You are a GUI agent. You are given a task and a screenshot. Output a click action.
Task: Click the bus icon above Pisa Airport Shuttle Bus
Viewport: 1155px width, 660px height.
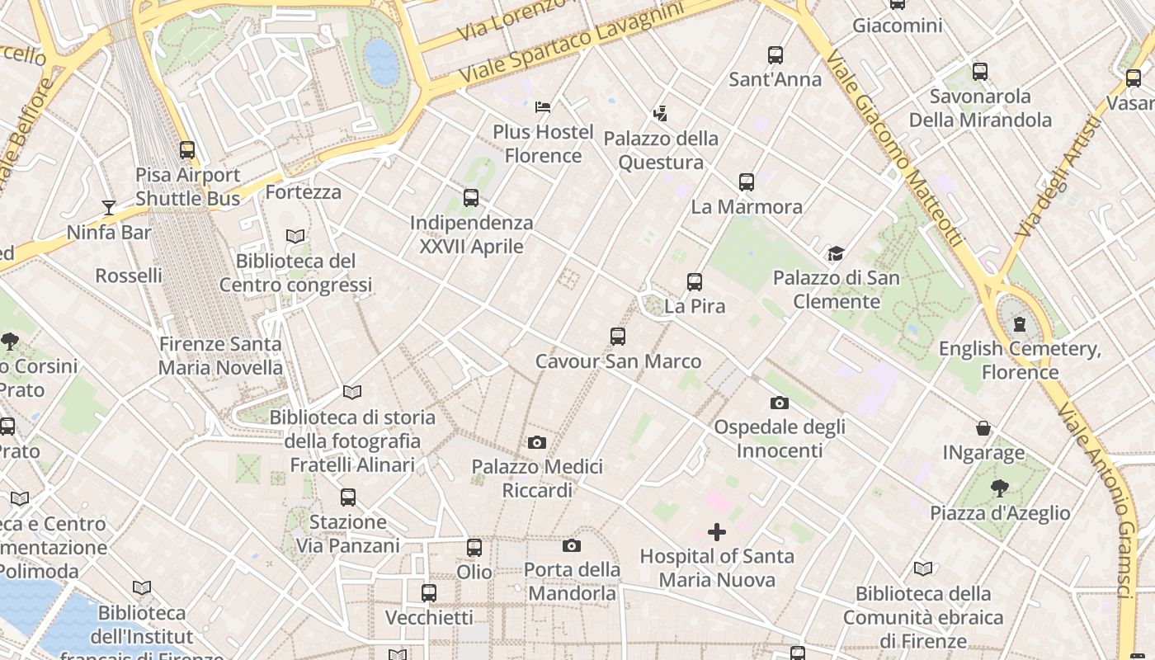point(187,150)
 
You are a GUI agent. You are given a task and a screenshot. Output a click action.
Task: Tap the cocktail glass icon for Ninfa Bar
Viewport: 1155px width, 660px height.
point(108,207)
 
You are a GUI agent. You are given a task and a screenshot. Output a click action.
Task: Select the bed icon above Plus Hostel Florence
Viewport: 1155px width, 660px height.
point(543,107)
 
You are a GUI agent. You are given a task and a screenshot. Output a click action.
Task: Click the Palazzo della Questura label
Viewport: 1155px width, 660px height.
point(661,150)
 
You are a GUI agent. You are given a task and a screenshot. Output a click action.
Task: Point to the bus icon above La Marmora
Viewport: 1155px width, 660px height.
point(747,182)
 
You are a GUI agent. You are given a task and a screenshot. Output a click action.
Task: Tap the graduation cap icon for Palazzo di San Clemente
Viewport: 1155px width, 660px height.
point(836,253)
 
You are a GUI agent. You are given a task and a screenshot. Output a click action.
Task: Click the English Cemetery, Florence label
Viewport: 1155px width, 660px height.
point(1020,361)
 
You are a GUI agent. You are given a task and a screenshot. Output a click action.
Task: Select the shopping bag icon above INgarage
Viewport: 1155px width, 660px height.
point(983,428)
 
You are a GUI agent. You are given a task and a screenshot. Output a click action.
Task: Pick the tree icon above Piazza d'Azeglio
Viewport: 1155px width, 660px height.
point(1000,488)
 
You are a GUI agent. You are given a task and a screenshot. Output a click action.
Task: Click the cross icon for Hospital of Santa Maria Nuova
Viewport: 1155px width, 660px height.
point(717,532)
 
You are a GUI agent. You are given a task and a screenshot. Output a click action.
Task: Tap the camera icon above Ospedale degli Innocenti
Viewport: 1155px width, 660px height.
point(779,403)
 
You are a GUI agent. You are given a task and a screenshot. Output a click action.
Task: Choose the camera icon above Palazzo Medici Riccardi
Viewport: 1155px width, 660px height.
point(537,442)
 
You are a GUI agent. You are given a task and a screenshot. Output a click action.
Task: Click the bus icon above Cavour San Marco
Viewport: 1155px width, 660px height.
point(618,337)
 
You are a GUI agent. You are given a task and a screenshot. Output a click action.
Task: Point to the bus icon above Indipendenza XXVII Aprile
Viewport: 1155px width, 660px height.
point(471,198)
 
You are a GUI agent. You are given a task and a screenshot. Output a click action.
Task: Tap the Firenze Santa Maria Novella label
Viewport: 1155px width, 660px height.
point(220,356)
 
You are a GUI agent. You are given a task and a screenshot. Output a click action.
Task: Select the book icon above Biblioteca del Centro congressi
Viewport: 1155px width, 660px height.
point(295,237)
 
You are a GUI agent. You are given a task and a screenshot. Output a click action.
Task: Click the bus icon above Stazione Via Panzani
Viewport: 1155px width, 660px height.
point(348,497)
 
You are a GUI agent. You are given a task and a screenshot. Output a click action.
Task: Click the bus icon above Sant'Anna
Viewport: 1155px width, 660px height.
point(775,55)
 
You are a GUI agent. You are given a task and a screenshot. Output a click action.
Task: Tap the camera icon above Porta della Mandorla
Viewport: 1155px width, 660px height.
point(572,545)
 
